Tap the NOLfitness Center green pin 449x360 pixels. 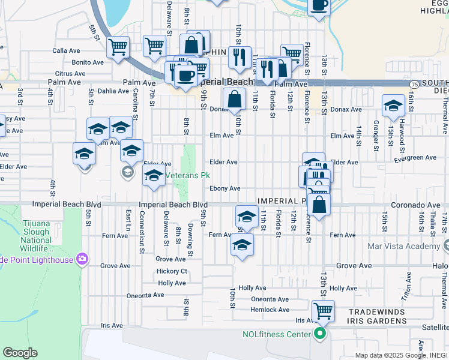click(x=320, y=334)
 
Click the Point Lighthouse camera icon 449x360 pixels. click(x=82, y=259)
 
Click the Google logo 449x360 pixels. click(x=20, y=352)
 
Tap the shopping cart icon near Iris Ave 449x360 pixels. click(x=323, y=311)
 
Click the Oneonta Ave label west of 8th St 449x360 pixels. click(x=145, y=295)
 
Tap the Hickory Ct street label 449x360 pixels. click(x=172, y=271)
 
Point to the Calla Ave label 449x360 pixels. click(x=67, y=51)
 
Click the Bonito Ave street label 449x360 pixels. click(x=88, y=62)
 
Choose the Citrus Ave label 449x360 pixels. click(x=71, y=73)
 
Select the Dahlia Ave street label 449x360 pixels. click(x=113, y=91)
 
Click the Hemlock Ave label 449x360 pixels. click(x=270, y=310)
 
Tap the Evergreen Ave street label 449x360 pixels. click(x=415, y=157)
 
